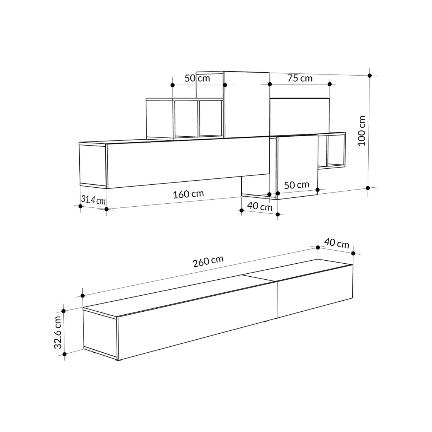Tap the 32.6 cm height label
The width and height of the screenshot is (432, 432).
click(x=58, y=332)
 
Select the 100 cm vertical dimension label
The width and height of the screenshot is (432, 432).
click(x=362, y=131)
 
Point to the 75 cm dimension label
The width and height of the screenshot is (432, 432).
click(x=300, y=78)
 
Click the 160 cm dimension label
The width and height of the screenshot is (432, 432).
click(x=188, y=194)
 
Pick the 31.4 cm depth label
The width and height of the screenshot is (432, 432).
click(x=93, y=200)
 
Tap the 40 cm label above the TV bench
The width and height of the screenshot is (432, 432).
click(x=337, y=243)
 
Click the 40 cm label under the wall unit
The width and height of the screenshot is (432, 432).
click(x=260, y=206)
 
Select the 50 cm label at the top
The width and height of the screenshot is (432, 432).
click(x=197, y=78)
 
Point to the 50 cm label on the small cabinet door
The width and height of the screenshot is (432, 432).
click(x=296, y=185)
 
